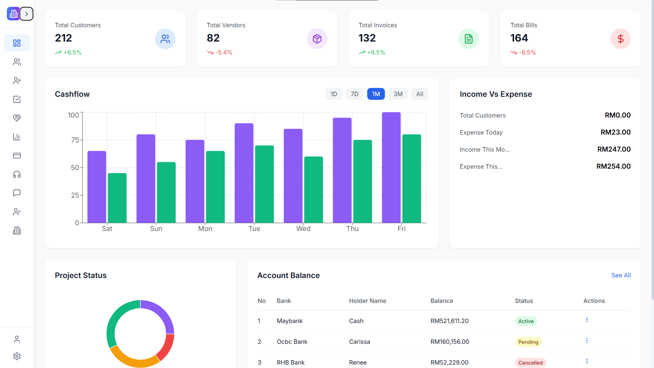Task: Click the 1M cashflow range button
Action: (x=376, y=94)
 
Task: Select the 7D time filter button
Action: (x=354, y=94)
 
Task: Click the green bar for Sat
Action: (x=117, y=198)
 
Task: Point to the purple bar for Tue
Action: (x=244, y=173)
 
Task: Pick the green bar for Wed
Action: (x=313, y=190)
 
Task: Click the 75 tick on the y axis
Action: (x=75, y=140)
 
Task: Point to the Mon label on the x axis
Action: (x=205, y=229)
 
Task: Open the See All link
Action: (x=621, y=275)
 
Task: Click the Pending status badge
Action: (x=528, y=342)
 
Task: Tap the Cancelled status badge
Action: (x=530, y=363)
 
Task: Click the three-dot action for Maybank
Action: (x=587, y=320)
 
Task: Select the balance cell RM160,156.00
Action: (x=450, y=342)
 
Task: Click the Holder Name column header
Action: (x=367, y=301)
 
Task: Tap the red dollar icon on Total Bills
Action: (x=620, y=39)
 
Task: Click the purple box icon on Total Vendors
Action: (x=317, y=39)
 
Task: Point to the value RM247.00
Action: (x=614, y=149)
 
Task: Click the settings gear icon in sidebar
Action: (x=17, y=356)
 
